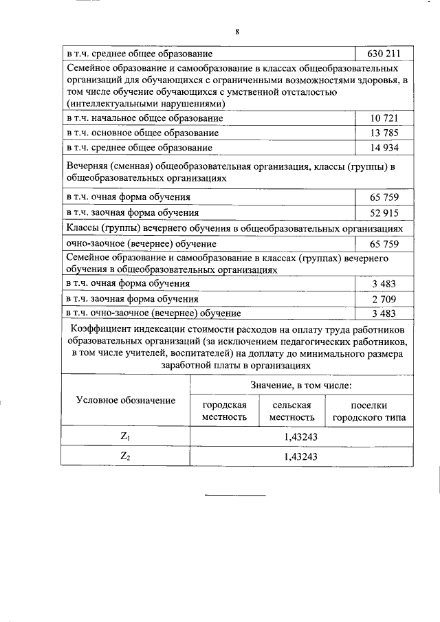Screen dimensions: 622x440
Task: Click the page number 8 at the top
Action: pyautogui.click(x=236, y=32)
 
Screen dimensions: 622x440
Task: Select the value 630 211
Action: pyautogui.click(x=380, y=53)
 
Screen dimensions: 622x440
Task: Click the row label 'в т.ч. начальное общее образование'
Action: pyautogui.click(x=144, y=118)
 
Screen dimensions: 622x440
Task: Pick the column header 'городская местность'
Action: pyautogui.click(x=223, y=411)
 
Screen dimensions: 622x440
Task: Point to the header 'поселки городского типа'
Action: pyautogui.click(x=368, y=411)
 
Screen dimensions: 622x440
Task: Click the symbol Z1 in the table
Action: pyautogui.click(x=125, y=436)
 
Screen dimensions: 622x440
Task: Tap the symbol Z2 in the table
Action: pyautogui.click(x=125, y=455)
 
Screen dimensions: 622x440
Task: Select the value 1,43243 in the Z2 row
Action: pyautogui.click(x=302, y=455)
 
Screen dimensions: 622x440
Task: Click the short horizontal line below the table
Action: pyautogui.click(x=236, y=495)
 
